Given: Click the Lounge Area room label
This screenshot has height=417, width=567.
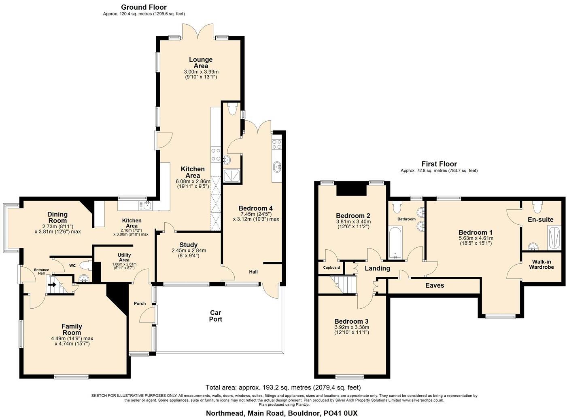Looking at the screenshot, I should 201,63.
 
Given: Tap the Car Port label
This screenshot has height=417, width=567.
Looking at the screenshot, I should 216,316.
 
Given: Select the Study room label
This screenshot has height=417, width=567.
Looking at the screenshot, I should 189,245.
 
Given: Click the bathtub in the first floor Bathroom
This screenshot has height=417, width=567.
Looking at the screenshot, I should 395,243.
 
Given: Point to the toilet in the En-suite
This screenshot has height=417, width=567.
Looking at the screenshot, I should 537,207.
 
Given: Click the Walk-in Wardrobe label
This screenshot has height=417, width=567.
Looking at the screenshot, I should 541,264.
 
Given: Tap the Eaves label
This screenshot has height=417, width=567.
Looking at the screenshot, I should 435,285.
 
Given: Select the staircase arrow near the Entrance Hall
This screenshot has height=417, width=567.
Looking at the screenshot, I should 52,284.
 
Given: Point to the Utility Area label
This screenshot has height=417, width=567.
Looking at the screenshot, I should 124,257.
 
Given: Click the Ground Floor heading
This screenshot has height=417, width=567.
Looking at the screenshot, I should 144,7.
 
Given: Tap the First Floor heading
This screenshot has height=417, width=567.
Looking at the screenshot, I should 439,164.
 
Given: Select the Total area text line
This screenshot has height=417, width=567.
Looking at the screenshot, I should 283,387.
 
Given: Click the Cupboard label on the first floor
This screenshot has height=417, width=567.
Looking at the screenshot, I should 331,267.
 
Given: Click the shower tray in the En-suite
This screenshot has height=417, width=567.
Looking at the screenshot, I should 554,238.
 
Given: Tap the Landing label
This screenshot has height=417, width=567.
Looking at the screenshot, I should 377,268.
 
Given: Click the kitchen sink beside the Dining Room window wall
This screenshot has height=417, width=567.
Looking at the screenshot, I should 147,206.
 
